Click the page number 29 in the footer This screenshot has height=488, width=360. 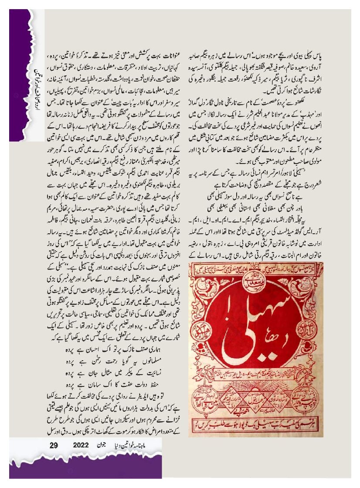pyautogui.click(x=54, y=445)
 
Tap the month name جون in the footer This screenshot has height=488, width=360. pyautogui.click(x=101, y=445)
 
